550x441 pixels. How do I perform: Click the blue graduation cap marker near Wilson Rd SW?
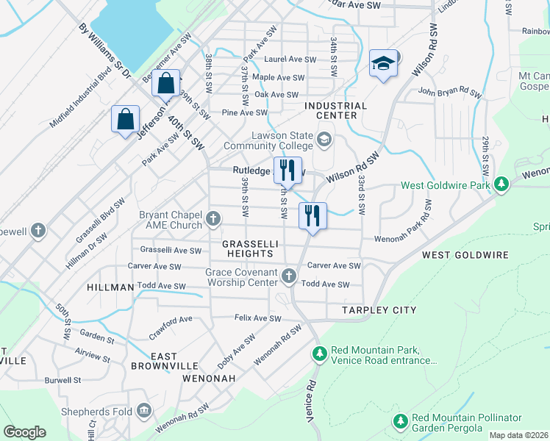tap(384, 64)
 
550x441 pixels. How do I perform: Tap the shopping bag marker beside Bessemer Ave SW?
tap(165, 83)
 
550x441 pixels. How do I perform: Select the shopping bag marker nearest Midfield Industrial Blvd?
tap(125, 119)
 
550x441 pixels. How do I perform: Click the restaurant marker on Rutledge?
tap(287, 171)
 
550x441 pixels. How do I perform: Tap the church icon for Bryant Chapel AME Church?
tap(213, 218)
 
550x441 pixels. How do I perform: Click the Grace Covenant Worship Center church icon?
tap(289, 276)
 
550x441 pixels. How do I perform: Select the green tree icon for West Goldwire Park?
tap(501, 184)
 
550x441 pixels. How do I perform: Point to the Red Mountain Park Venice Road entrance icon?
tap(319, 354)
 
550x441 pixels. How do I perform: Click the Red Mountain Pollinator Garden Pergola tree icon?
tap(401, 422)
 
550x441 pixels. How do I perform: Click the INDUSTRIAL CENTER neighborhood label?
tap(336, 106)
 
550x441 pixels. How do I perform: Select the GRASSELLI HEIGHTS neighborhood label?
tap(249, 247)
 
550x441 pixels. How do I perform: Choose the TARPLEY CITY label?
tap(379, 310)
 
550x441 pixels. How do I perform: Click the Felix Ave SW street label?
tap(258, 319)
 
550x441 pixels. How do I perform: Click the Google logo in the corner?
tap(25, 432)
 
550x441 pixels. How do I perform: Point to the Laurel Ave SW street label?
tap(291, 60)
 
